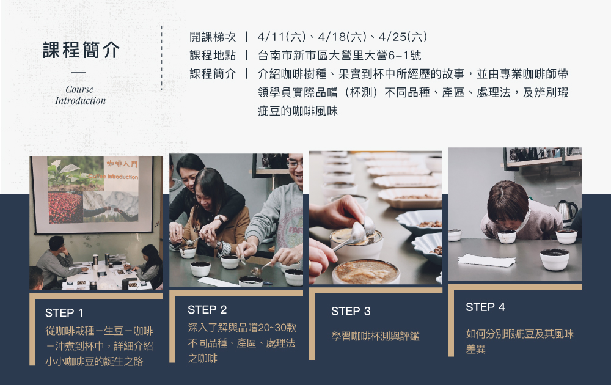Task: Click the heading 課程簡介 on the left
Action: pos(81,50)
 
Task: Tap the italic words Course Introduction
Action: pos(80,95)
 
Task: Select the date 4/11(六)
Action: pos(282,37)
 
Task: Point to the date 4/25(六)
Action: pos(403,37)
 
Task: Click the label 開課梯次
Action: pos(213,37)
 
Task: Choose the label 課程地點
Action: pos(213,56)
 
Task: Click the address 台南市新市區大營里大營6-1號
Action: pos(339,56)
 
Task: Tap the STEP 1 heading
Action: pos(64,312)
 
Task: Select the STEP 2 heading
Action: pos(207,309)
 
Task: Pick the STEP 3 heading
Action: pos(351,311)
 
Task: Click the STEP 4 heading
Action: pos(485,307)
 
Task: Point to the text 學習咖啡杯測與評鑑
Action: pos(375,336)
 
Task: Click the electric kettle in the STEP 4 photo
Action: pos(566,212)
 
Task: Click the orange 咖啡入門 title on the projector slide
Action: pos(122,164)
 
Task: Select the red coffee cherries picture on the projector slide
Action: pos(65,207)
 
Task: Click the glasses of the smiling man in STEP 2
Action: pos(295,164)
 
